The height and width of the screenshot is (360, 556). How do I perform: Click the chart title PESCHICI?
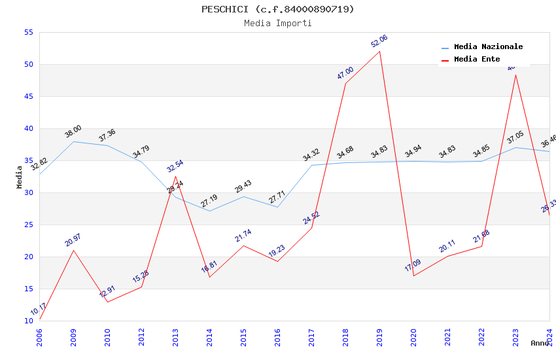click(x=278, y=9)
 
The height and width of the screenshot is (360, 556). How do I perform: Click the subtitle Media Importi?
click(x=278, y=23)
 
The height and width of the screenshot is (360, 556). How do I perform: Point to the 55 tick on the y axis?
click(x=28, y=32)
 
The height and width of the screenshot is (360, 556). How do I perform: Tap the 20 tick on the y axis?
click(x=28, y=257)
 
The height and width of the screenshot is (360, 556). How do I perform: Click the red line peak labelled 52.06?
click(x=379, y=51)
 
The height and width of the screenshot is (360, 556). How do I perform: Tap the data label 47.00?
click(x=345, y=73)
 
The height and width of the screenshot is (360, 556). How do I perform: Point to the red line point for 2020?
click(x=413, y=276)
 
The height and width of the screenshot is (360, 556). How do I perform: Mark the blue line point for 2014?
click(x=209, y=211)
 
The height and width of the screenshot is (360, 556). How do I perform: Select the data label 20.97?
click(x=73, y=240)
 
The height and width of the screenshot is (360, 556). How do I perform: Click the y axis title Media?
click(x=20, y=177)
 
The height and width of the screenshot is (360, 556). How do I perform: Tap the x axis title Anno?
click(x=540, y=343)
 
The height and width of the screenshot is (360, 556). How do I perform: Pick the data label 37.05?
click(x=515, y=137)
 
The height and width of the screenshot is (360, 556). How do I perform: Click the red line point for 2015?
click(x=243, y=245)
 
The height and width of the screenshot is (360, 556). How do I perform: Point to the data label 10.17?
click(x=39, y=309)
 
